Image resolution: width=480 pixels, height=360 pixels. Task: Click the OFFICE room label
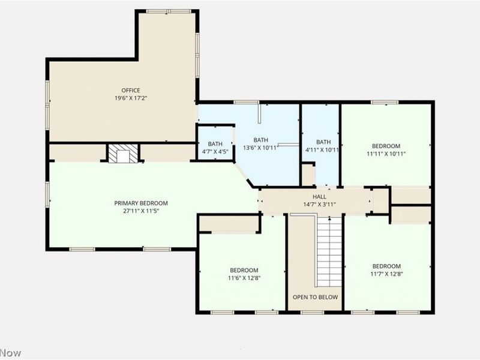point(131,91)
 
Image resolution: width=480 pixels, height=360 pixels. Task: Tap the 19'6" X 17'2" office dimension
point(131,98)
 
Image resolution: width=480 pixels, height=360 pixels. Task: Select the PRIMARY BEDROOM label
point(141,203)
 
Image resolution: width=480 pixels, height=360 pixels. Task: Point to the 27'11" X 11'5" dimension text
point(141,211)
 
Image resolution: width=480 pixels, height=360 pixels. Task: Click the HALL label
point(319,197)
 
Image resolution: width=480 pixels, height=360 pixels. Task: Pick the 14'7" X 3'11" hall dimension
point(319,205)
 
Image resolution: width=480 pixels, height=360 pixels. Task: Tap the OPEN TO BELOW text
point(316,297)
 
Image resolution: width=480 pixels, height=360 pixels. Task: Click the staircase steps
point(329,251)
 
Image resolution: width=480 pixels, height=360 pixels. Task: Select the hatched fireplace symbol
point(123,154)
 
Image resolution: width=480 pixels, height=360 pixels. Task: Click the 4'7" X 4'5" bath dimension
point(215,152)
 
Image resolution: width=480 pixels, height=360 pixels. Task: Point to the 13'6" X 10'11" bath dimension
point(260,148)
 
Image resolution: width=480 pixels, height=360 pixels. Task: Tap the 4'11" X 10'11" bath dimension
point(323,150)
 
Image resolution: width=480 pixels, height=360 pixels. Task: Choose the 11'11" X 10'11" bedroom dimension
point(386,154)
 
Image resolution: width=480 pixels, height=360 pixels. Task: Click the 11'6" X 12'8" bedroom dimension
point(244,278)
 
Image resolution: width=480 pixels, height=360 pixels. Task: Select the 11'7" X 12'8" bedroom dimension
point(386,274)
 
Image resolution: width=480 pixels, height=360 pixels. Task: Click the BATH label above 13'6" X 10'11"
point(260,140)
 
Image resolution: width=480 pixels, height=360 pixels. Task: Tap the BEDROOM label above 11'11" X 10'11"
point(386,146)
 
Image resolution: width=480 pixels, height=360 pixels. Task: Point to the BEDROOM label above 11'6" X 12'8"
point(244,271)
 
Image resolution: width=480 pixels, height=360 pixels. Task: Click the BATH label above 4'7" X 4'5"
point(215,144)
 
